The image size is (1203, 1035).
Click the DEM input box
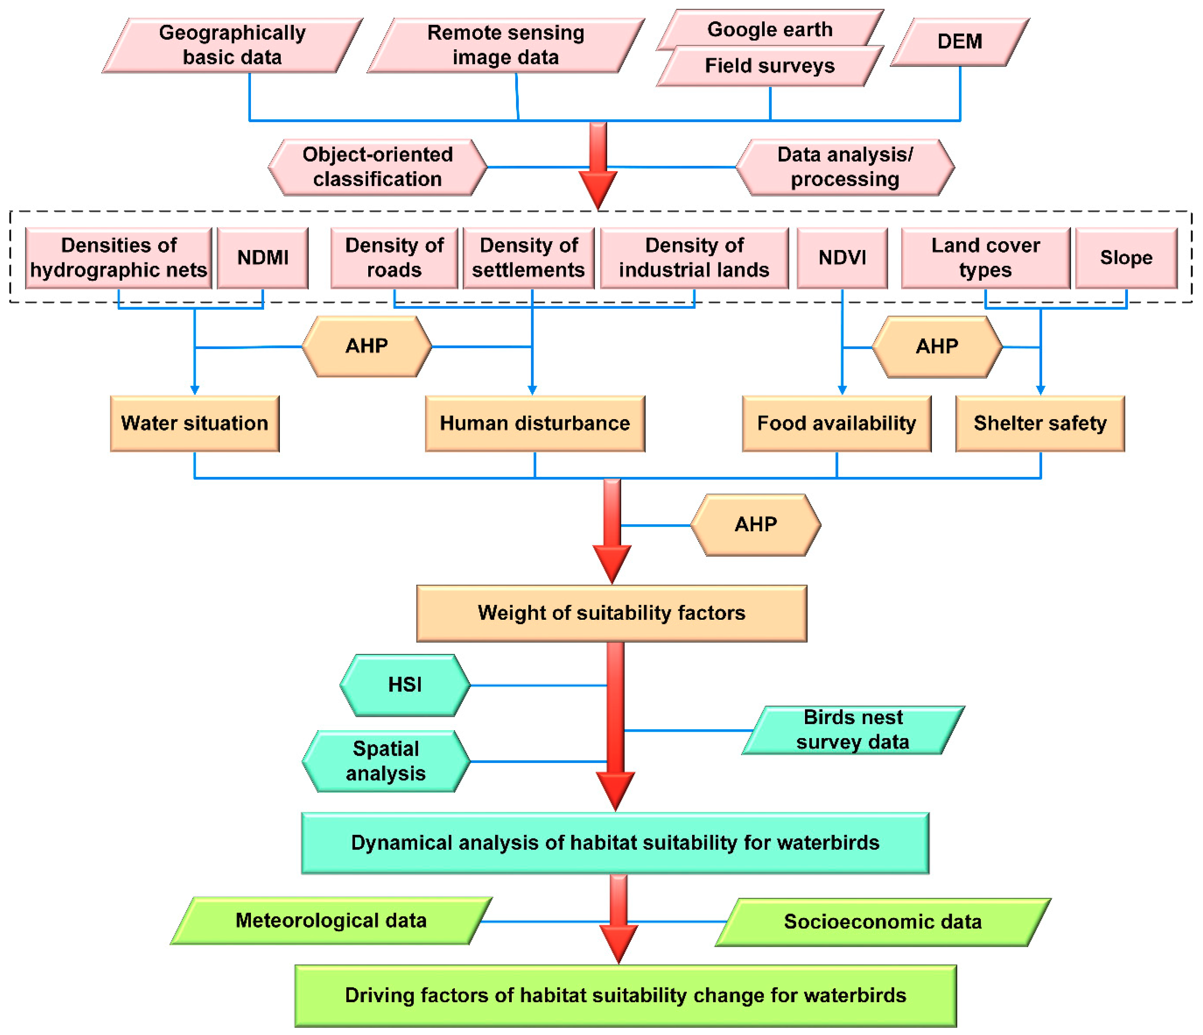pos(959,42)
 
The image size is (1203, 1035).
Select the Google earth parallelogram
pos(770,29)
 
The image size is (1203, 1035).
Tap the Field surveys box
pos(770,66)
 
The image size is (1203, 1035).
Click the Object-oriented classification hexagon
pos(377,167)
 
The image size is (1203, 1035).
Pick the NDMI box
pos(262,258)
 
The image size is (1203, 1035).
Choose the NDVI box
pos(842,258)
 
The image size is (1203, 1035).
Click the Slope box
pos(1126,258)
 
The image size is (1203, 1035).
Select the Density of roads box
pos(394,258)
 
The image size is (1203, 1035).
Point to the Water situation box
pos(195,423)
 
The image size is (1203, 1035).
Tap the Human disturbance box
pos(535,423)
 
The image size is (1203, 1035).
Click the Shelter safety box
pos(1040,423)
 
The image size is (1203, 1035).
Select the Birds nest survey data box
pos(853,730)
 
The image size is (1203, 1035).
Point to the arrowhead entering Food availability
pos(842,390)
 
